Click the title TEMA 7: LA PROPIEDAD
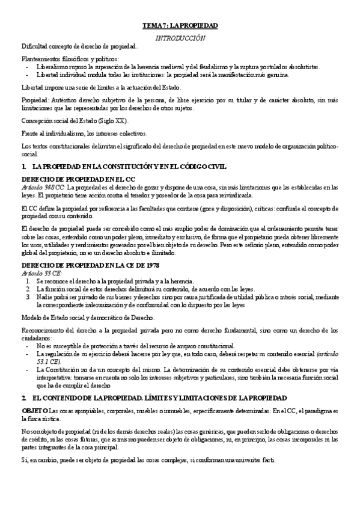180,26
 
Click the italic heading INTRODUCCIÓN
180,37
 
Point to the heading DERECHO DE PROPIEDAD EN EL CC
73,179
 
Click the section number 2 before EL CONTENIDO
23,381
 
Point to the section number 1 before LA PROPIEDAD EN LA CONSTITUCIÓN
23,165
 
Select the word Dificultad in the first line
35,46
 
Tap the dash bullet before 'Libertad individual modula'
28,75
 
